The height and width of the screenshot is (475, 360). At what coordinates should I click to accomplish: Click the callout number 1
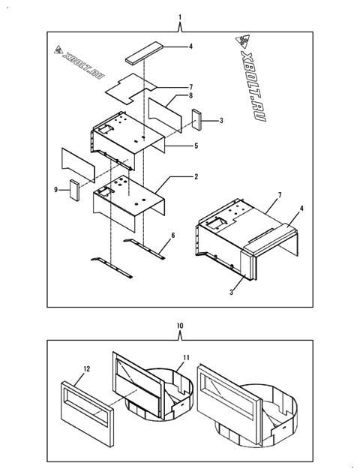pyautogui.click(x=180, y=17)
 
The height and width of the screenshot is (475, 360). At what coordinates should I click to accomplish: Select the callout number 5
pyautogui.click(x=196, y=146)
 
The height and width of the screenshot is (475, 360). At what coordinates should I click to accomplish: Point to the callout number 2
pyautogui.click(x=196, y=177)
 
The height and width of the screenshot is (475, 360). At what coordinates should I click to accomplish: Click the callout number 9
pyautogui.click(x=55, y=190)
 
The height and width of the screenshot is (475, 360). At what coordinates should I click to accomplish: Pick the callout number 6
pyautogui.click(x=172, y=236)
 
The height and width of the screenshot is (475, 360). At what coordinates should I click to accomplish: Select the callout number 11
pyautogui.click(x=187, y=359)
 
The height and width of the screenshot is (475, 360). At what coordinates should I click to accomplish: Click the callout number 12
pyautogui.click(x=86, y=368)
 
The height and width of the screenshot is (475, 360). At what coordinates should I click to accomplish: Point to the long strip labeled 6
pyautogui.click(x=142, y=245)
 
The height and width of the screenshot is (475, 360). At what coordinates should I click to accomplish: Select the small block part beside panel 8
pyautogui.click(x=196, y=119)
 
